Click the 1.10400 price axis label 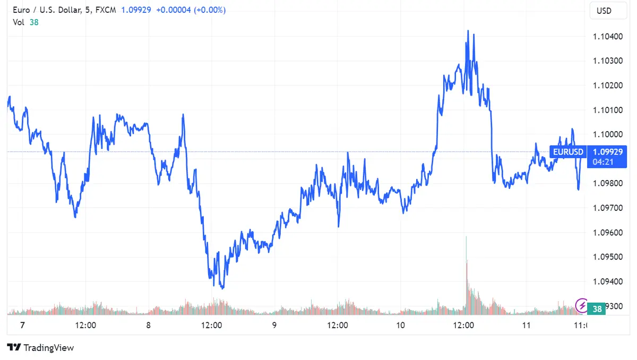pyautogui.click(x=608, y=36)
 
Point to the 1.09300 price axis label pyautogui.click(x=608, y=306)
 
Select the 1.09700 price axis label pyautogui.click(x=608, y=208)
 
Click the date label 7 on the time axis pyautogui.click(x=22, y=325)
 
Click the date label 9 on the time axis pyautogui.click(x=274, y=325)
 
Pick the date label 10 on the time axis pyautogui.click(x=400, y=325)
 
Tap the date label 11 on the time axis pyautogui.click(x=526, y=325)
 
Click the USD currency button pyautogui.click(x=604, y=11)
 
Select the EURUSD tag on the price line pyautogui.click(x=567, y=152)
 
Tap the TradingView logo pyautogui.click(x=41, y=348)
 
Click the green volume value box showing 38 pyautogui.click(x=597, y=308)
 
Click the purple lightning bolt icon pyautogui.click(x=582, y=305)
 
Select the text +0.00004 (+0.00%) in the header pyautogui.click(x=191, y=10)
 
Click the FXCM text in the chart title pyautogui.click(x=105, y=10)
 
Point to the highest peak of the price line pyautogui.click(x=468, y=31)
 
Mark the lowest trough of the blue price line pyautogui.click(x=222, y=288)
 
